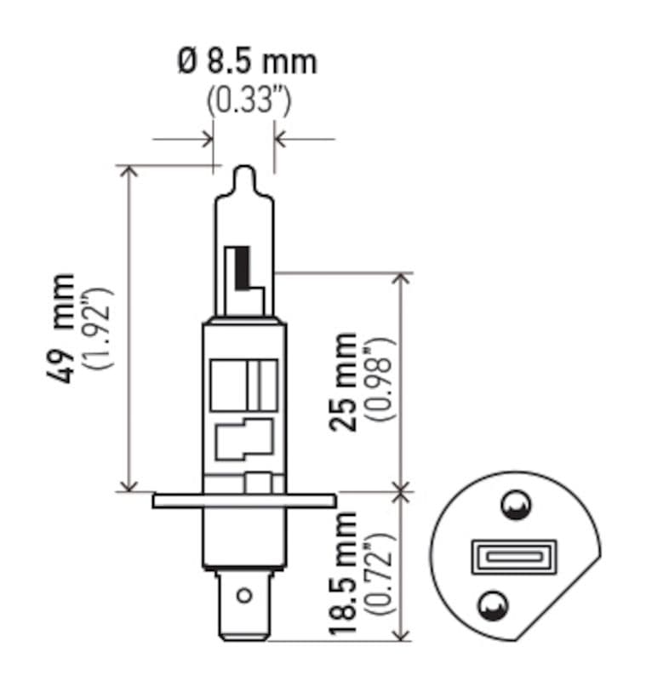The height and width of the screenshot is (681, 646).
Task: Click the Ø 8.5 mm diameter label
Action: pos(246,62)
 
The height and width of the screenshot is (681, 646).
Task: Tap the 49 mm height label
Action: pos(64,328)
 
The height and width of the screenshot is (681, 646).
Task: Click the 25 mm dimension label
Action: pos(346,381)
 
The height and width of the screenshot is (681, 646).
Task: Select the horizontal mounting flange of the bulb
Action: pos(243,501)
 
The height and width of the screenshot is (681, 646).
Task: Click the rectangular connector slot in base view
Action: pos(513,558)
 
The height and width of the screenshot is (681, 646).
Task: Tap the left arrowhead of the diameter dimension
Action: pos(206,138)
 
